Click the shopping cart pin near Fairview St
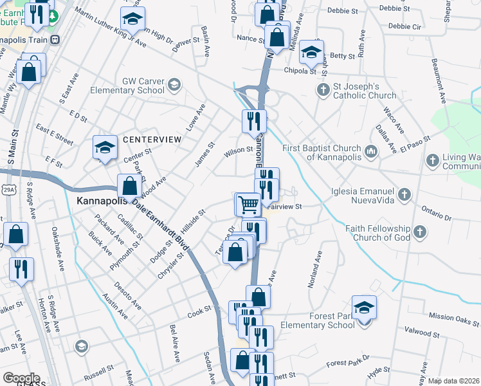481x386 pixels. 248,205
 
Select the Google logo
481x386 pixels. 21,378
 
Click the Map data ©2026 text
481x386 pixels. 454,381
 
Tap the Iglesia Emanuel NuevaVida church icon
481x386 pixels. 404,193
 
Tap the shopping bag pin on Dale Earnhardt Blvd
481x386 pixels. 129,186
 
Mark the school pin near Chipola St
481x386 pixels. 311,52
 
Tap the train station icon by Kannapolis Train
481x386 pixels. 55,39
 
